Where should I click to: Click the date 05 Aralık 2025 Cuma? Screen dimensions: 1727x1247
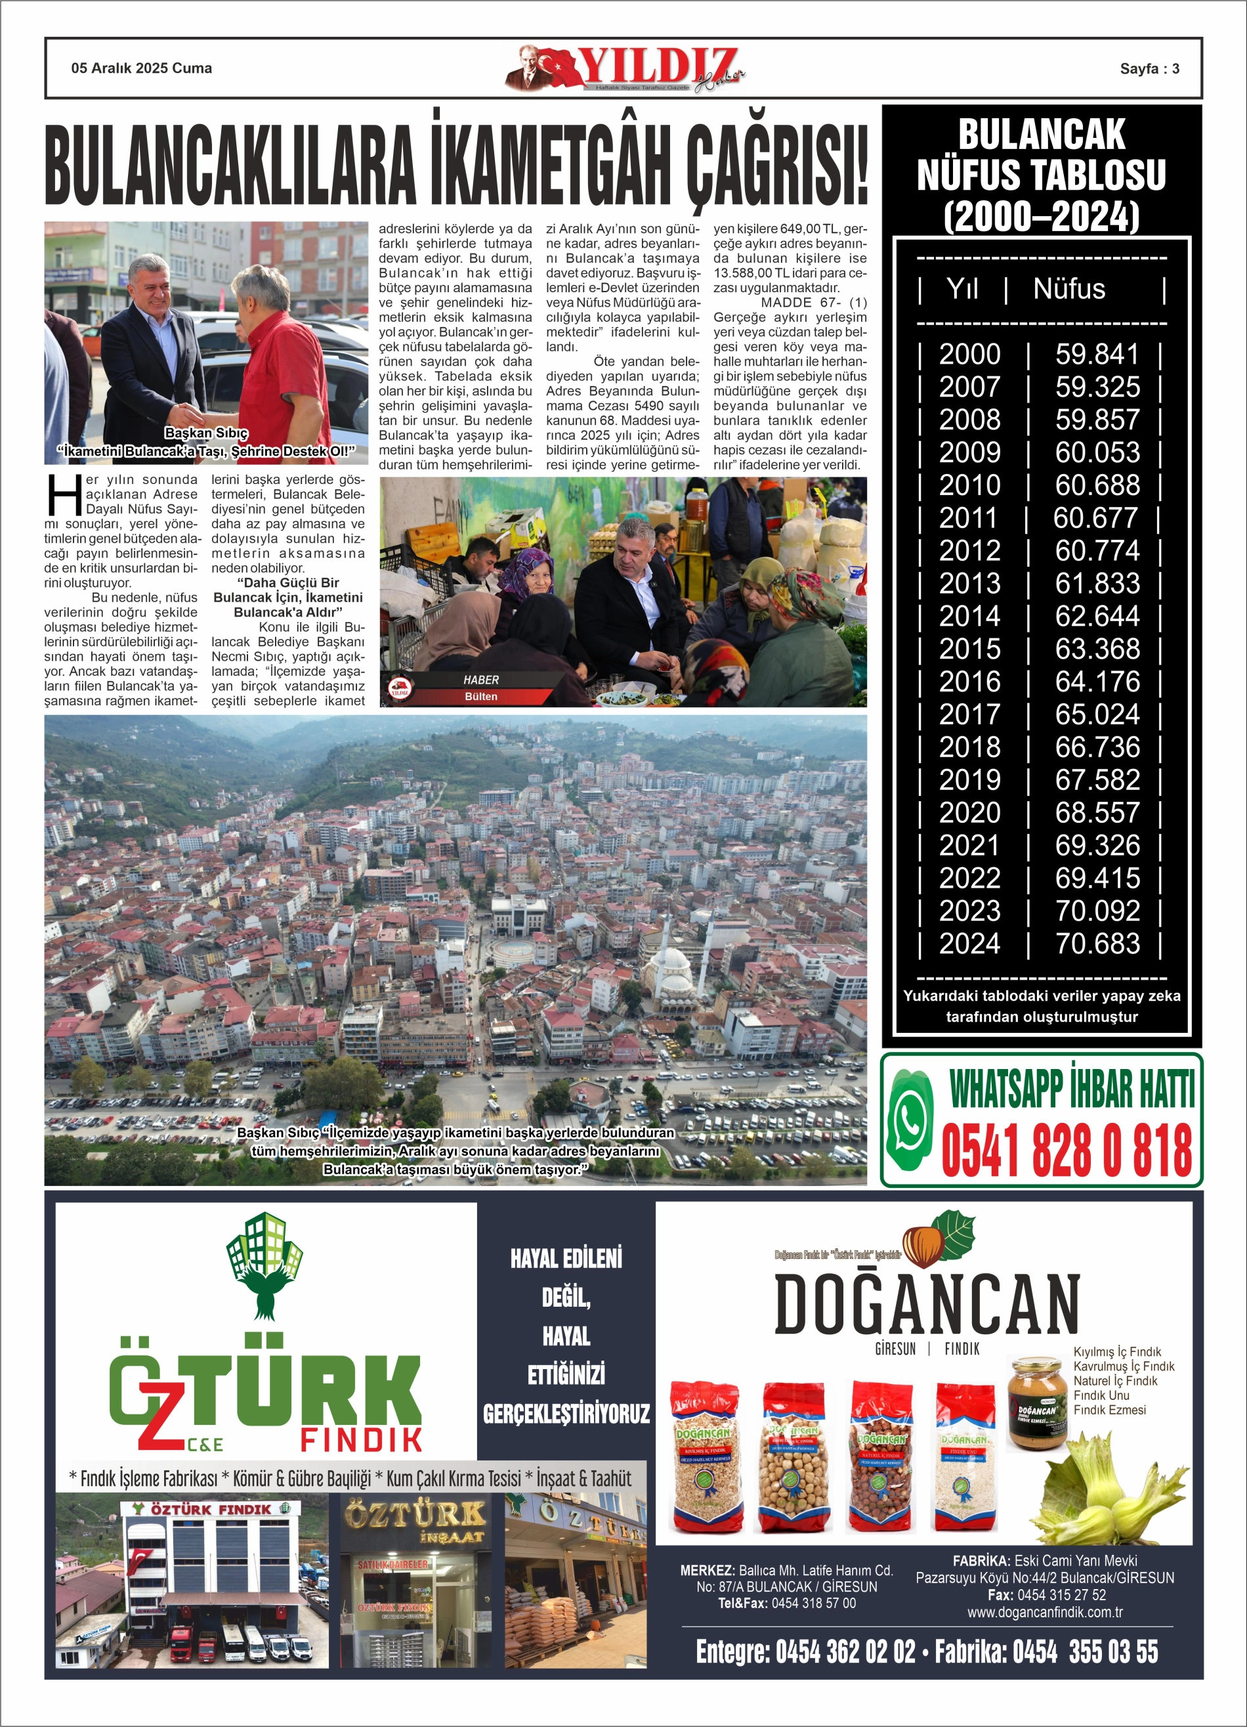[142, 68]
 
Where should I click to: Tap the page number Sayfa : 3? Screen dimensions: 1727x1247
[1150, 68]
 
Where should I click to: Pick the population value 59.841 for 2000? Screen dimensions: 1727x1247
[1096, 355]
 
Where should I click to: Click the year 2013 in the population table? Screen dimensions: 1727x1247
[969, 584]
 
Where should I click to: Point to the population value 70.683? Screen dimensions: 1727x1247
[1096, 944]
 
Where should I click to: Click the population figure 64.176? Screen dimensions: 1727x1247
[1096, 682]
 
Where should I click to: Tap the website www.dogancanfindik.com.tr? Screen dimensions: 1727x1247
[1044, 1612]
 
